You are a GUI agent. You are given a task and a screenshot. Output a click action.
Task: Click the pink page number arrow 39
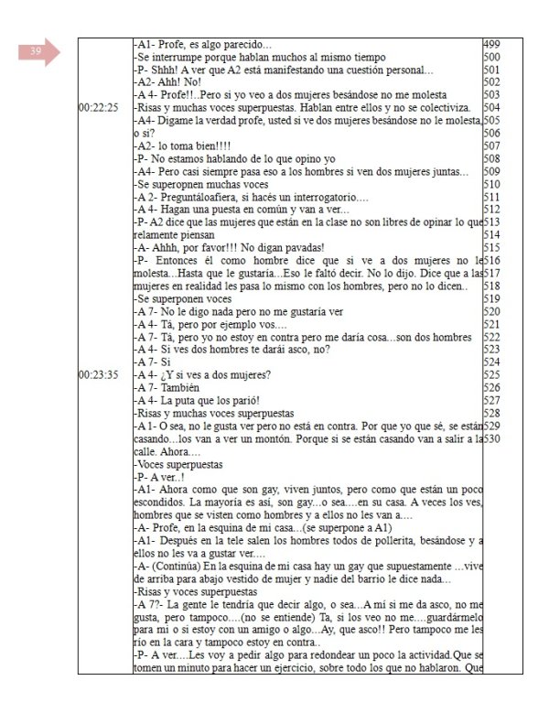click(38, 53)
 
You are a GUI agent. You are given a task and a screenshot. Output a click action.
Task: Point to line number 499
click(490, 45)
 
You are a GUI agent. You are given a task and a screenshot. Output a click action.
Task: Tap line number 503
click(490, 94)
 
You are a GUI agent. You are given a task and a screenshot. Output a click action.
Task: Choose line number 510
click(490, 182)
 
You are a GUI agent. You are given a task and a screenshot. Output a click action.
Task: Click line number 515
click(490, 246)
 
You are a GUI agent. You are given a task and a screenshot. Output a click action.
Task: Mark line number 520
click(490, 310)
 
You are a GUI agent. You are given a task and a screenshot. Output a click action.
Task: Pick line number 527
click(490, 399)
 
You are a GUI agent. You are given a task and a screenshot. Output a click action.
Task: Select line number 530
click(490, 438)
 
